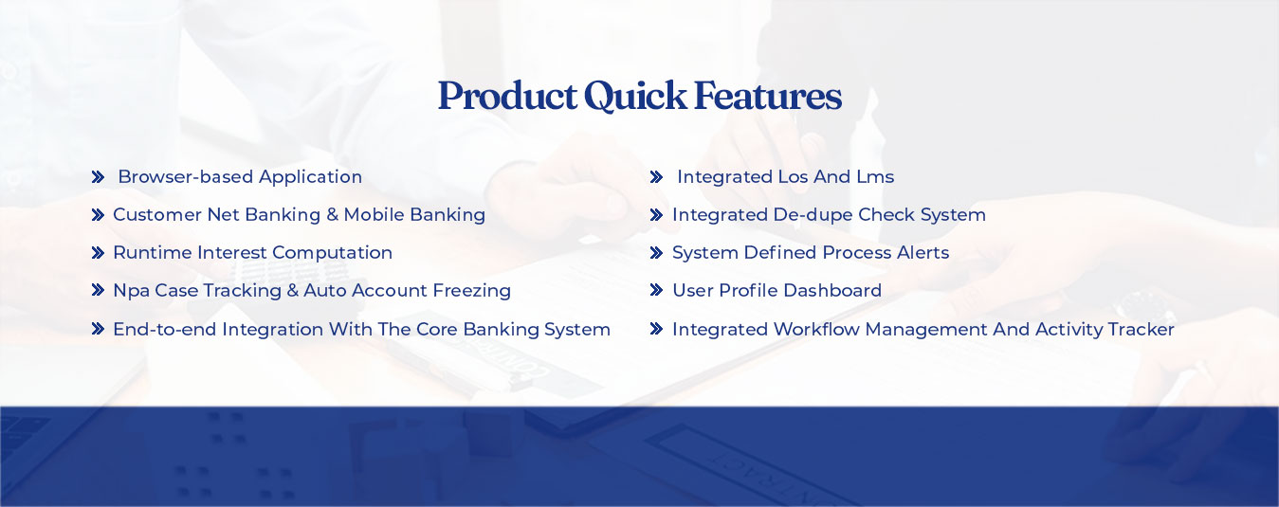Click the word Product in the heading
[507, 96]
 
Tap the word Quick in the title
[635, 96]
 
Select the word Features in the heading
[768, 96]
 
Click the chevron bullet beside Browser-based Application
[99, 177]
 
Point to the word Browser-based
[186, 176]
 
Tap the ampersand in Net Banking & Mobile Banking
[332, 215]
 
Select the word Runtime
[153, 252]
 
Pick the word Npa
[132, 291]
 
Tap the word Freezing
[471, 291]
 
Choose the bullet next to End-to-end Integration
[99, 329]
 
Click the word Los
[794, 177]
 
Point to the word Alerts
[923, 252]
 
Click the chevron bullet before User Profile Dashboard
[657, 291]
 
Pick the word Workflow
[816, 330]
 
